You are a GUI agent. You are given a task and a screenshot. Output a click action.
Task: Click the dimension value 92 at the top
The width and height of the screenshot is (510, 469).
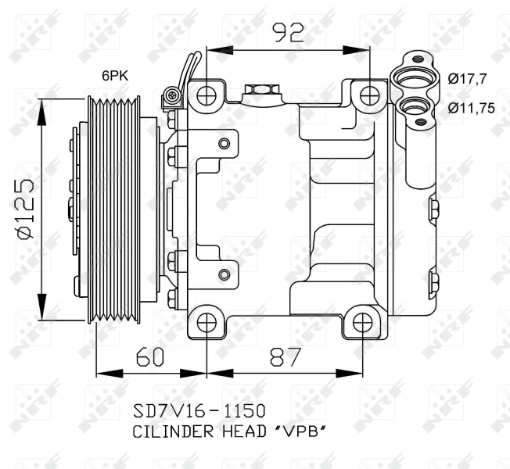(x=287, y=33)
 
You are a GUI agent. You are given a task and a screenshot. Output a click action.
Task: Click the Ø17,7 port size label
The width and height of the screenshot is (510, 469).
(x=469, y=77)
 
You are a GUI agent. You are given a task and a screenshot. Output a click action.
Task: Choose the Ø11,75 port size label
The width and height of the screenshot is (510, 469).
(x=472, y=109)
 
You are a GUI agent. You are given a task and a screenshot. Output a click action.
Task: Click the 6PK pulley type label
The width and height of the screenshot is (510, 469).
(x=114, y=76)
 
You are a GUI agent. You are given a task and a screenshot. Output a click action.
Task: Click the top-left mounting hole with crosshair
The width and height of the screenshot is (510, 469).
(x=207, y=95)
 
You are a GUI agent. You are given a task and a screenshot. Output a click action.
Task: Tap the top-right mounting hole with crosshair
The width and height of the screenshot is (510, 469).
(x=369, y=95)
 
